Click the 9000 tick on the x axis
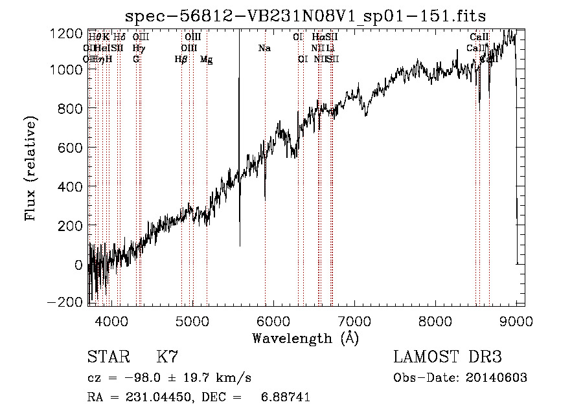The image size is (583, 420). (515, 321)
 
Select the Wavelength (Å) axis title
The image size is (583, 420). (305, 338)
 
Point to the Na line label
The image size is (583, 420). (264, 48)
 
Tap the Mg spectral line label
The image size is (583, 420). (206, 60)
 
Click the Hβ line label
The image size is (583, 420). (181, 60)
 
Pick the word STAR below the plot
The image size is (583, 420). (108, 357)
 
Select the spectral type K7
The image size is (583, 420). (167, 357)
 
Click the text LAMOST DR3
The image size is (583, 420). (447, 357)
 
